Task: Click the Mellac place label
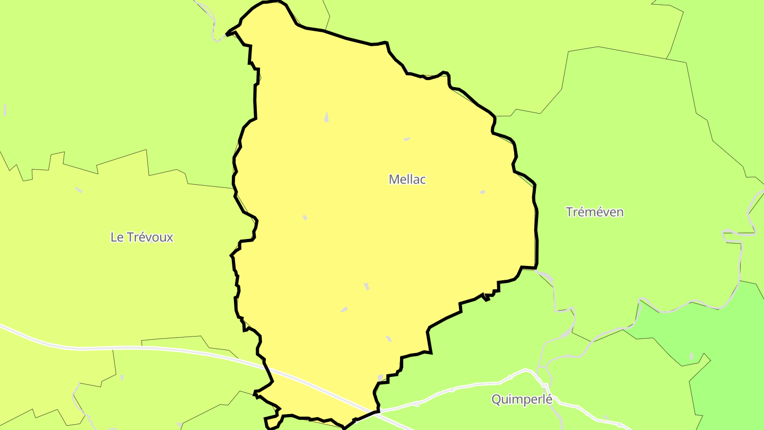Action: (x=407, y=179)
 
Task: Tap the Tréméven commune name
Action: (x=594, y=212)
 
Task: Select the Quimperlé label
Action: (x=522, y=399)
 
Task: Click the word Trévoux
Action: (x=150, y=237)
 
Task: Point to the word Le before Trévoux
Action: (x=116, y=237)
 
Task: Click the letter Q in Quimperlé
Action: (x=496, y=399)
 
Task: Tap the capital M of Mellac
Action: (x=393, y=179)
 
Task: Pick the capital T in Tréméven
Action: (x=569, y=212)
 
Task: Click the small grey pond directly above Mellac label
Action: (x=406, y=139)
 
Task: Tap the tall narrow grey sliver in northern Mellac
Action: (x=326, y=117)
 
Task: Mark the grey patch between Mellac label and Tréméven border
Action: (x=482, y=192)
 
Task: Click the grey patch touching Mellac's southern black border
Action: (x=380, y=377)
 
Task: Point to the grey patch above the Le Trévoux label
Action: (x=79, y=190)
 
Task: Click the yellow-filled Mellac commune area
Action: (x=371, y=239)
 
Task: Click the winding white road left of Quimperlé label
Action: (x=451, y=391)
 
